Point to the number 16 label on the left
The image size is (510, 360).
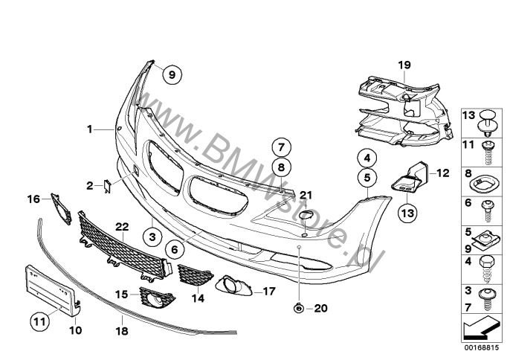click(x=33, y=199)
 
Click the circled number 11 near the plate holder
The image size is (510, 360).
click(x=38, y=321)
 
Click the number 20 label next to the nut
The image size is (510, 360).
click(x=320, y=308)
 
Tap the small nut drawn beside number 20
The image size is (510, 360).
click(x=297, y=308)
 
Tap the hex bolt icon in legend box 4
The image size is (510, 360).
click(x=487, y=264)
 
